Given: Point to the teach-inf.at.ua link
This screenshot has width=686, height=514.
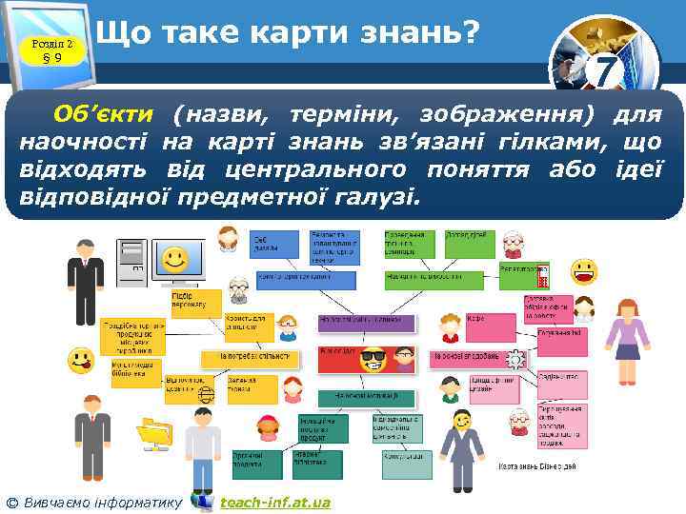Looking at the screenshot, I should (274, 502).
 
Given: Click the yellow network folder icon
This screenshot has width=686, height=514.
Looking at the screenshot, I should (152, 432).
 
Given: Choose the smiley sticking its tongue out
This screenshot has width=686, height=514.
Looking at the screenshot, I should (81, 361).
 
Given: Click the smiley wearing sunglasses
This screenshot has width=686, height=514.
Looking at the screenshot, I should (373, 361).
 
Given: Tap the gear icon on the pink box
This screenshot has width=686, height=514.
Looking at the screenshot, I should (515, 359).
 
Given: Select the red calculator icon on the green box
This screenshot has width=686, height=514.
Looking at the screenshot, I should (542, 277).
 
